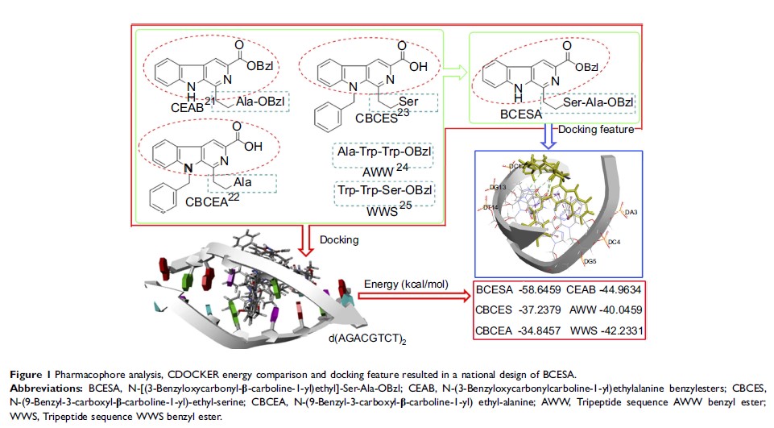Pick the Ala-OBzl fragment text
(255, 101)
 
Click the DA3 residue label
(631, 212)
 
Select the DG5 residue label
(591, 261)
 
